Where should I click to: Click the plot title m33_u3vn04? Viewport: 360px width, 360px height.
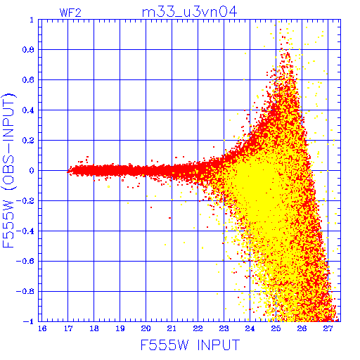(189, 12)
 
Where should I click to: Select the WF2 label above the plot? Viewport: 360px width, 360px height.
(70, 13)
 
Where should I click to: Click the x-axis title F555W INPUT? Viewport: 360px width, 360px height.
(190, 345)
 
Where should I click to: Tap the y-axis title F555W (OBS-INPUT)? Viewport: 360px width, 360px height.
(8, 170)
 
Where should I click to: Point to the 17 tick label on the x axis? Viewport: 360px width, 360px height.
(68, 328)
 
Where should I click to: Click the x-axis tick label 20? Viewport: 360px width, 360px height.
(146, 328)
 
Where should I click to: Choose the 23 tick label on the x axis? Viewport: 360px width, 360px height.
(224, 328)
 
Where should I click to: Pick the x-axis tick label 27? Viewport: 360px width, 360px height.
(328, 328)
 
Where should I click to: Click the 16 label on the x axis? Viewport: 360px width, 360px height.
(42, 328)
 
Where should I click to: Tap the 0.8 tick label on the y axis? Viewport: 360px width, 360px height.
(28, 50)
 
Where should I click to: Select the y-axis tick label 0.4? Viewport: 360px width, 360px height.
(28, 110)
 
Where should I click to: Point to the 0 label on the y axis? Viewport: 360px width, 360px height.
(32, 171)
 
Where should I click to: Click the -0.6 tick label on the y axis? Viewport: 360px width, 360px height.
(25, 261)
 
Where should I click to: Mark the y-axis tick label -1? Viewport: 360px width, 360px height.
(29, 321)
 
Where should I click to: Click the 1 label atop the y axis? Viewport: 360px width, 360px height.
(32, 20)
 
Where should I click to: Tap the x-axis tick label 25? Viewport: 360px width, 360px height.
(276, 328)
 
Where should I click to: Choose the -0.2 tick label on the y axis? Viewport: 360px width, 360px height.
(25, 201)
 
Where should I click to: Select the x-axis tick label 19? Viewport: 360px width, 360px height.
(120, 328)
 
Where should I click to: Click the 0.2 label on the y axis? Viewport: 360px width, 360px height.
(28, 141)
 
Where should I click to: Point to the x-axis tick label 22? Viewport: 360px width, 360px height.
(198, 328)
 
